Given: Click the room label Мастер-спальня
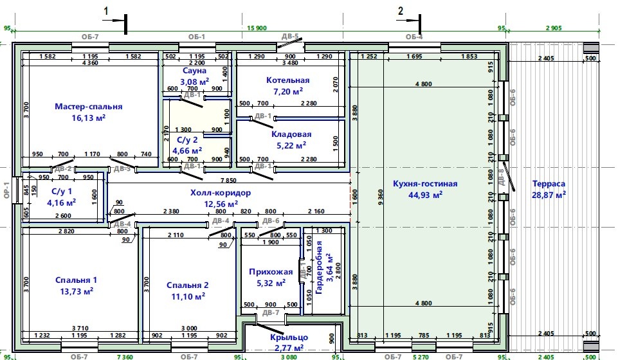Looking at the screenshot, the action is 88,107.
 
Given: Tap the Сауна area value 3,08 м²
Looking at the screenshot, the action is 194,82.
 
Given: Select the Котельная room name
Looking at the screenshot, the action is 288,80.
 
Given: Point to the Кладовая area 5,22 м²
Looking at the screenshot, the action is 291,145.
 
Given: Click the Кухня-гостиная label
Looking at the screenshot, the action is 425,184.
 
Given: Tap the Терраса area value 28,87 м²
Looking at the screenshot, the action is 549,195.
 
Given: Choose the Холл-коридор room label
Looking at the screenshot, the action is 221,193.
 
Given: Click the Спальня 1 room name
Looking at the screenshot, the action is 76,280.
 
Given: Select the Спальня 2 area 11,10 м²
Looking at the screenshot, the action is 188,296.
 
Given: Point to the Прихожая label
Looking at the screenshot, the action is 271,272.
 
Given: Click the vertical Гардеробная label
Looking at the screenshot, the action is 319,267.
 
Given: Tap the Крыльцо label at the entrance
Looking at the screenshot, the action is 289,337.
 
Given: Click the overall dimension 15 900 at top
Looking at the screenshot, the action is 257,28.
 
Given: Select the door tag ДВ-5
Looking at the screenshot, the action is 290,37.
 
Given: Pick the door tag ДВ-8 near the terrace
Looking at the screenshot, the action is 501,177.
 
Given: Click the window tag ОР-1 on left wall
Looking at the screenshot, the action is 6,190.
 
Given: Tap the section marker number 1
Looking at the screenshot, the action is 106,11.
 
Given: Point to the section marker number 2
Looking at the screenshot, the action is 401,11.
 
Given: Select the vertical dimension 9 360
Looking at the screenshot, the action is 380,197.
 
